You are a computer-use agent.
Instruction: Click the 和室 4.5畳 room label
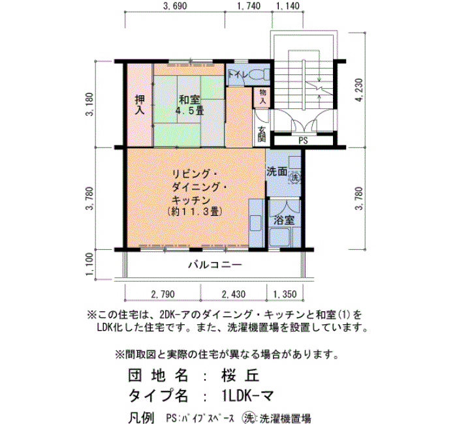tap(189, 105)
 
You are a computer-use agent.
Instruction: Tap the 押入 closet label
tap(140, 105)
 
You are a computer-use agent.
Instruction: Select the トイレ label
tap(237, 75)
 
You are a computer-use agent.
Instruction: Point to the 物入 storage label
tap(262, 97)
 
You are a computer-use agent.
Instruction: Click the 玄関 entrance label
tap(262, 134)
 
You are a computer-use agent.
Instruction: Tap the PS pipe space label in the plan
tap(303, 141)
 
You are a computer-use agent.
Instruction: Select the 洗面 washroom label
tap(277, 172)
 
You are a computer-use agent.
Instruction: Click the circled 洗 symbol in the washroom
tap(294, 177)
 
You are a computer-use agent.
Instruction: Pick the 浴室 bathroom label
tap(284, 220)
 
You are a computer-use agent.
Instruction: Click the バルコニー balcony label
tap(215, 265)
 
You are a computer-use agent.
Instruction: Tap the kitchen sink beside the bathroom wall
tap(256, 223)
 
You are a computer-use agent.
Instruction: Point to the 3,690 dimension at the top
tap(175, 6)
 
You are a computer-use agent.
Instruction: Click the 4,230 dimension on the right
tap(359, 90)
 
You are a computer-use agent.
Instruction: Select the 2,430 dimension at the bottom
tap(234, 294)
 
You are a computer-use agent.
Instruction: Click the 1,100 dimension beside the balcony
tap(90, 264)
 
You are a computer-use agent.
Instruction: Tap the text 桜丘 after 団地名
tap(240, 376)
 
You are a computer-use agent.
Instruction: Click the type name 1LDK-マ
tap(247, 395)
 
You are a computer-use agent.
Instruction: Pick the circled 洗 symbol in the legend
tap(249, 418)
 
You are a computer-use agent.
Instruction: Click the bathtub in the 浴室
tap(279, 237)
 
